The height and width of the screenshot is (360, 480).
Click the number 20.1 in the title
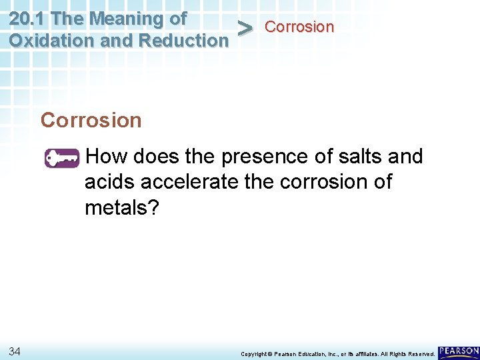point(27,18)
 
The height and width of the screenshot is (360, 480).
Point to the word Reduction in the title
point(183,40)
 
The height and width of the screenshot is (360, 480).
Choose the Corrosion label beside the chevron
point(299,27)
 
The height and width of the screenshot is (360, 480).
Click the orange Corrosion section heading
point(91,121)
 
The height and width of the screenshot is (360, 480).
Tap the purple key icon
point(61,159)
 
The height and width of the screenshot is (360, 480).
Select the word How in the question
point(107,157)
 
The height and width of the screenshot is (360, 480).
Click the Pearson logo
point(459,351)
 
